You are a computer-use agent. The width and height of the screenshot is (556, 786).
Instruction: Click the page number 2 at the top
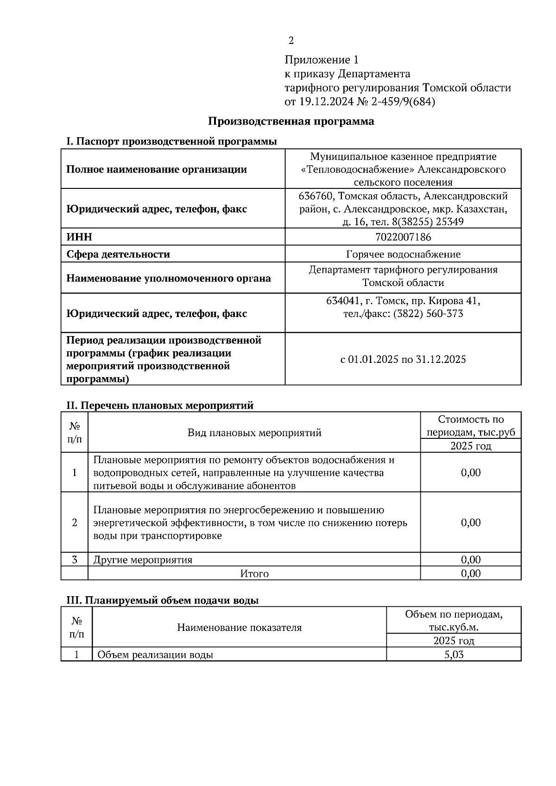tap(291, 41)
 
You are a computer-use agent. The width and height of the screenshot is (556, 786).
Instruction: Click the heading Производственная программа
tap(291, 122)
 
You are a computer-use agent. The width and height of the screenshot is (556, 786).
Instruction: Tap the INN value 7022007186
tap(403, 237)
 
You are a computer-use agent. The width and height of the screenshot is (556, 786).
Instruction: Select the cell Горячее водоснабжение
tap(403, 254)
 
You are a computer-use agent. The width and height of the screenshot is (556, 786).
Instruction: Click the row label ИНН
tap(79, 237)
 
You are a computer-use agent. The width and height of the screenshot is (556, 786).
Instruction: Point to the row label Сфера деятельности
tap(118, 254)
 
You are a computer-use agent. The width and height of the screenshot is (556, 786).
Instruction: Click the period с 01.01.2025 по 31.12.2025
tap(403, 359)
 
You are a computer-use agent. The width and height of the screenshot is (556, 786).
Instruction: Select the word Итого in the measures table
tap(254, 574)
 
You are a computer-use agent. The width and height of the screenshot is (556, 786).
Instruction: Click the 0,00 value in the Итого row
tap(470, 574)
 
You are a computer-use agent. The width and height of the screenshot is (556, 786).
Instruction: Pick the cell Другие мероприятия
tap(143, 560)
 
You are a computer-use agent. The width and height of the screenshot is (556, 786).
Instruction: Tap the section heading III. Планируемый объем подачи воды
tap(162, 600)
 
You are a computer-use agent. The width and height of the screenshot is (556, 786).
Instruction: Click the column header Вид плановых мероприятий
tap(254, 433)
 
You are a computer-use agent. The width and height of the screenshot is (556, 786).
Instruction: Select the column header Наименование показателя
tap(239, 627)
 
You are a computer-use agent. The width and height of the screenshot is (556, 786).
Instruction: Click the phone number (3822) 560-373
tap(428, 314)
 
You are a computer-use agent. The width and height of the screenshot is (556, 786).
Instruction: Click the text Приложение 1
tap(321, 60)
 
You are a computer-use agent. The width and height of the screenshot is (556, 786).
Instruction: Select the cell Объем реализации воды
tap(155, 655)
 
